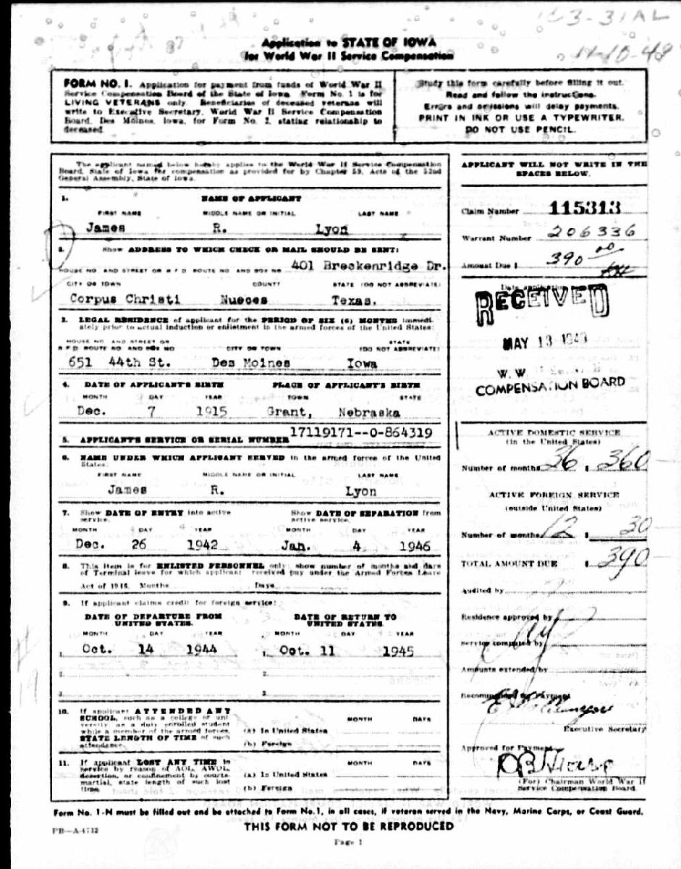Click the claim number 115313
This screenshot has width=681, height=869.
[x=584, y=209]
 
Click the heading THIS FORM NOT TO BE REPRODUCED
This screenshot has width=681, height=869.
[x=349, y=826]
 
